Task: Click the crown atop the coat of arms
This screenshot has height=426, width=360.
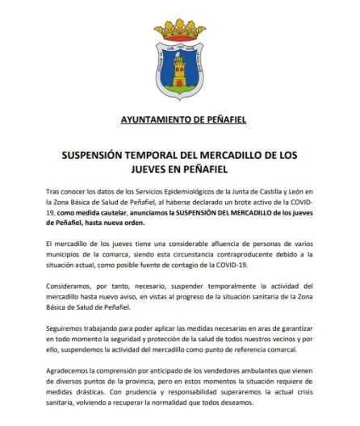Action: [181, 17]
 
